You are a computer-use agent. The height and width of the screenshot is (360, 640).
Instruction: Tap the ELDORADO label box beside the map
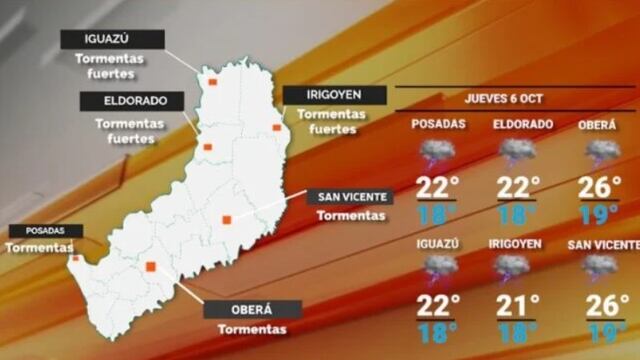click(x=130, y=100)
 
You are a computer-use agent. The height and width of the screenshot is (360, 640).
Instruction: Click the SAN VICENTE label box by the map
click(x=349, y=196)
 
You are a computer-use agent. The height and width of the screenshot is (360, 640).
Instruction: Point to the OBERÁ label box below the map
click(x=252, y=309)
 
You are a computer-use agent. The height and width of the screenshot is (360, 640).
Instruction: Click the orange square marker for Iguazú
click(x=211, y=83)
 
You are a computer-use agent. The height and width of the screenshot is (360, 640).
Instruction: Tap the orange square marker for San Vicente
click(x=227, y=219)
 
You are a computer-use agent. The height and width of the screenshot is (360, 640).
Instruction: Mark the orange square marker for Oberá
click(x=150, y=266)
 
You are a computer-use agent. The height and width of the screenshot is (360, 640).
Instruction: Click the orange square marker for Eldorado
click(x=208, y=147)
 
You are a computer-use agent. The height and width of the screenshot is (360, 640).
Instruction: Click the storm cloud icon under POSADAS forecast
click(x=437, y=153)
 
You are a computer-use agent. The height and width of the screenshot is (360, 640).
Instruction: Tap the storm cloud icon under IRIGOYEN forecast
click(x=516, y=268)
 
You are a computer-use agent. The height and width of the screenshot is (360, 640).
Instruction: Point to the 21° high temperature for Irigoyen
click(x=518, y=304)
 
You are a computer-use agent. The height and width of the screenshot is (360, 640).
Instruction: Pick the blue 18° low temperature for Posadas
click(x=438, y=213)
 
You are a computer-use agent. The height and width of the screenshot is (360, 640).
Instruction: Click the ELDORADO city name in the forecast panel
click(x=523, y=124)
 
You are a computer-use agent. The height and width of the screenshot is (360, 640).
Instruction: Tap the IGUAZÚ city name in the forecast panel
click(x=438, y=244)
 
